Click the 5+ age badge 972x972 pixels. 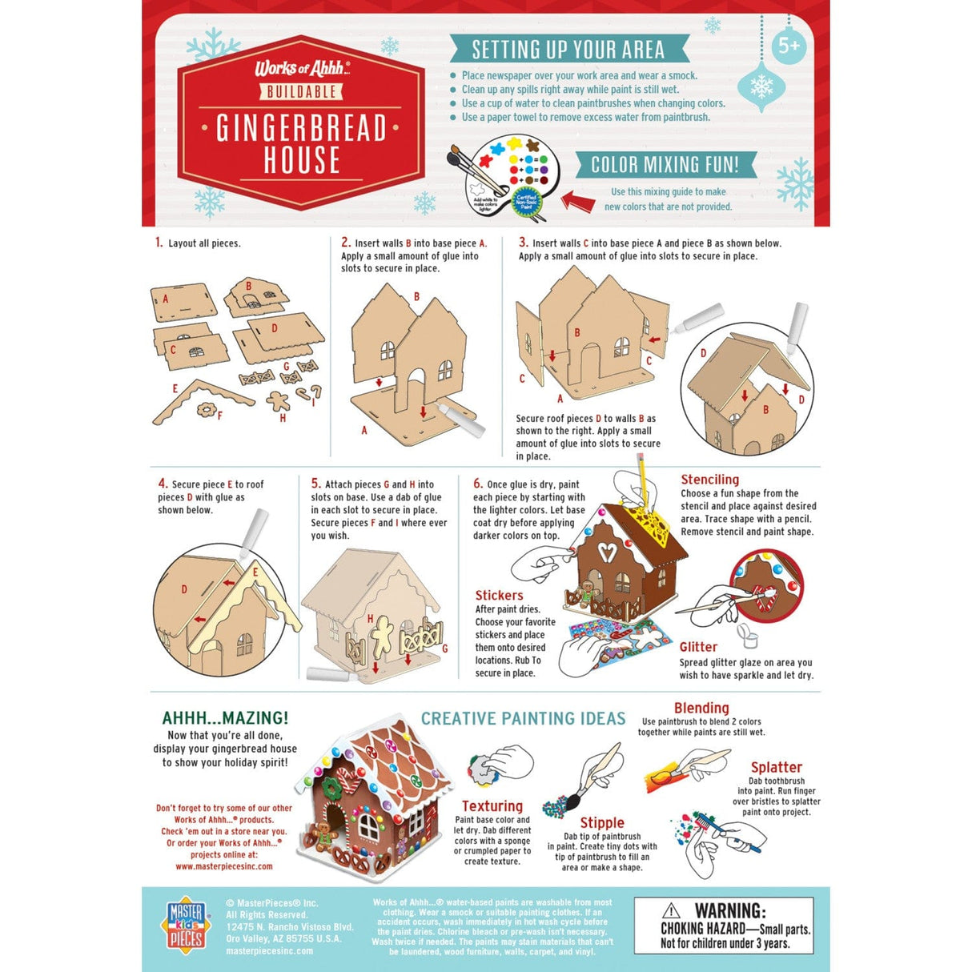click(x=789, y=46)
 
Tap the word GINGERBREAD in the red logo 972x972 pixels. click(x=301, y=128)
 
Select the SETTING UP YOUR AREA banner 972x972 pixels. click(x=568, y=50)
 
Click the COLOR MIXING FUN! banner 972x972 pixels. click(x=665, y=165)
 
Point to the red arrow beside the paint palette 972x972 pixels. click(x=576, y=199)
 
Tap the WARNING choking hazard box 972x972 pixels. click(x=724, y=925)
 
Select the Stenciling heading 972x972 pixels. click(x=709, y=480)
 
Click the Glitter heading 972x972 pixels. click(x=698, y=647)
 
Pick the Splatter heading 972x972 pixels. click(x=776, y=767)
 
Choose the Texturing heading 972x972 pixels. click(x=492, y=806)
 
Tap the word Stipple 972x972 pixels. click(x=601, y=822)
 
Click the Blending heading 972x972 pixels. click(x=701, y=708)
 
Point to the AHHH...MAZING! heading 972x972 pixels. click(x=225, y=718)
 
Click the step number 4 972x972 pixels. click(x=163, y=484)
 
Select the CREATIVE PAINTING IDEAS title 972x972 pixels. click(x=523, y=719)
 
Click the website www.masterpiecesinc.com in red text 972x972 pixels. click(x=224, y=866)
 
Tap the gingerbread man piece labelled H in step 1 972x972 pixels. click(x=278, y=400)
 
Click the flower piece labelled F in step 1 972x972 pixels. click(x=207, y=410)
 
